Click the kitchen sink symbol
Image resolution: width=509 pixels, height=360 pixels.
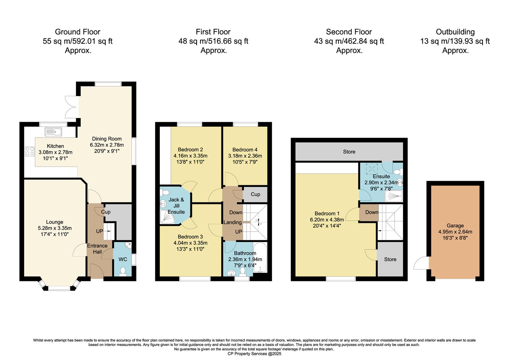pyautogui.click(x=54, y=132)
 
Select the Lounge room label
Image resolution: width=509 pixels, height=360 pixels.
pyautogui.click(x=55, y=222)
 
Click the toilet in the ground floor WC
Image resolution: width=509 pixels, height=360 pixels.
pyautogui.click(x=123, y=271)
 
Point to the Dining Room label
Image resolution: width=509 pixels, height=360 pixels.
pyautogui.click(x=107, y=139)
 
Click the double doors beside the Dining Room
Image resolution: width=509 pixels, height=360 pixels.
pyautogui.click(x=72, y=106)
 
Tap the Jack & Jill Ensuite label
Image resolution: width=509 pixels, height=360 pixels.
pyautogui.click(x=176, y=206)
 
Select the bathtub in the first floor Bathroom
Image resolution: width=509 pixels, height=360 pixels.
pyautogui.click(x=260, y=258)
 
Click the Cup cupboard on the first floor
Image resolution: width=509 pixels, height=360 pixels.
pyautogui.click(x=255, y=194)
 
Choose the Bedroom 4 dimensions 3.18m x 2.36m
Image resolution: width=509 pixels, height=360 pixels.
pyautogui.click(x=245, y=156)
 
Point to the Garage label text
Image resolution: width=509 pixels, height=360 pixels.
pyautogui.click(x=455, y=226)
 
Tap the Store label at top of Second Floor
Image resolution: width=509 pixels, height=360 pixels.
pyautogui.click(x=349, y=152)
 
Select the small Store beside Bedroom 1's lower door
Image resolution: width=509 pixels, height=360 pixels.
pyautogui.click(x=390, y=259)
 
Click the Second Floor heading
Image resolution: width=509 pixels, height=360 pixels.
pyautogui.click(x=349, y=32)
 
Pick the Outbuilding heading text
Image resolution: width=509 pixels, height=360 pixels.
pyautogui.click(x=455, y=32)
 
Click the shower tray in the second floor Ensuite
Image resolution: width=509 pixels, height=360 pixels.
pyautogui.click(x=393, y=197)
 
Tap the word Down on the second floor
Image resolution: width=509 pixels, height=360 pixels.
pyautogui.click(x=371, y=212)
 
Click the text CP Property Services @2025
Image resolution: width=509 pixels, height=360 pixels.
pyautogui.click(x=254, y=354)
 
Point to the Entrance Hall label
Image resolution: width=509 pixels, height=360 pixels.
pyautogui.click(x=97, y=249)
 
